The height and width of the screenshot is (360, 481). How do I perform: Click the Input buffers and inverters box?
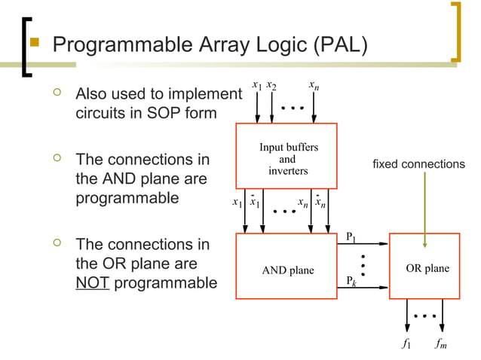click(286, 156)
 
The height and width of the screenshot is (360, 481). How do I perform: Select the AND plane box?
click(286, 270)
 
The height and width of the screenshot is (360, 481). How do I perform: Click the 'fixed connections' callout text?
click(419, 163)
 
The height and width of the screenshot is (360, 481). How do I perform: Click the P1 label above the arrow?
click(351, 237)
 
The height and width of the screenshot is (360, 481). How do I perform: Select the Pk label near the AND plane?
click(351, 281)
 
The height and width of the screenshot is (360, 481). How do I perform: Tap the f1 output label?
click(406, 344)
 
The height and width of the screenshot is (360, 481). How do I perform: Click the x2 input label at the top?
click(271, 87)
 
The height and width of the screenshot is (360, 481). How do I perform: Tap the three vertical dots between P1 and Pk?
click(363, 264)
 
